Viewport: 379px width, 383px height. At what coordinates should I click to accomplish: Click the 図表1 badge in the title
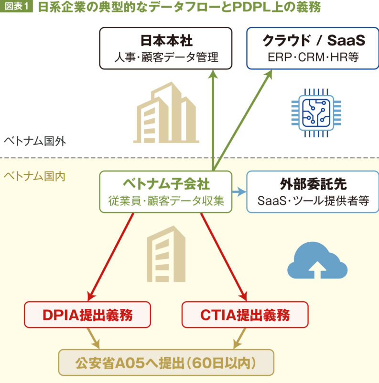tap(16, 8)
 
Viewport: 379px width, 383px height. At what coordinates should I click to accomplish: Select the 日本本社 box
tap(166, 48)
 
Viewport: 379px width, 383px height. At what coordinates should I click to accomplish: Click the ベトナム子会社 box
tap(166, 192)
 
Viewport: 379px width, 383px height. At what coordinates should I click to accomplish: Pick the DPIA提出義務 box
tap(87, 315)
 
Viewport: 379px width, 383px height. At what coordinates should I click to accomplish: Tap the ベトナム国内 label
tap(34, 176)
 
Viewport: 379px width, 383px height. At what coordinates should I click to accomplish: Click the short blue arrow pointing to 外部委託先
tap(239, 192)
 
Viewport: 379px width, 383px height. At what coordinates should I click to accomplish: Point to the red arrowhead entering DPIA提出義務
tap(90, 294)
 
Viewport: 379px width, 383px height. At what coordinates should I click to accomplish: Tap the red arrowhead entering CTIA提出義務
tap(243, 294)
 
